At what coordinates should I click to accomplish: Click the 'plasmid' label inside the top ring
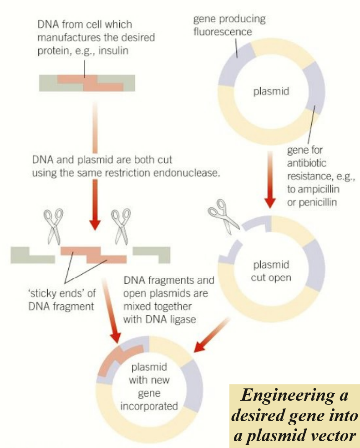(x=271, y=92)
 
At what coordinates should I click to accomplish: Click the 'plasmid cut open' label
(x=271, y=271)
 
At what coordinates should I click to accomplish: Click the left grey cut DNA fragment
(x=32, y=255)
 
